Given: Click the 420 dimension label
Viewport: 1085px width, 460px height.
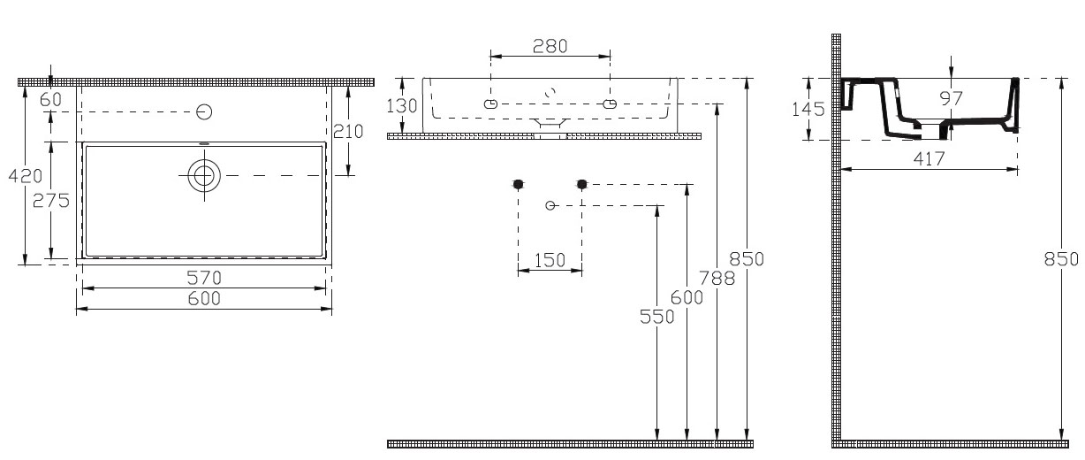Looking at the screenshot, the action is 26,175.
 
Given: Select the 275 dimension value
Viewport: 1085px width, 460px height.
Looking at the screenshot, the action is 51,200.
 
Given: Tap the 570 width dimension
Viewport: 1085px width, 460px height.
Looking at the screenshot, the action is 204,278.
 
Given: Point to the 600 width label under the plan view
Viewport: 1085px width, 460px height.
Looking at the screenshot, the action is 204,299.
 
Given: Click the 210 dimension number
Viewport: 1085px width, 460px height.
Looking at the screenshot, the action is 348,131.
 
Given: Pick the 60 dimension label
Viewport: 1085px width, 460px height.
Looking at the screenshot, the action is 51,100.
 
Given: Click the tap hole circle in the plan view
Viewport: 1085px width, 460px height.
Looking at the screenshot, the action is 204,112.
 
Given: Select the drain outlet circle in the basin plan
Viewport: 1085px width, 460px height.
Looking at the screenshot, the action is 204,175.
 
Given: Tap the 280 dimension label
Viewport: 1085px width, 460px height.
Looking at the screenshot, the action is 550,47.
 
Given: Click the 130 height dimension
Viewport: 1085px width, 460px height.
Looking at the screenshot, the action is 401,105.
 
